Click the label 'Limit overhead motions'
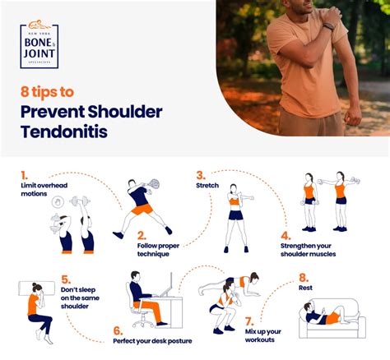45,191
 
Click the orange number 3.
200,174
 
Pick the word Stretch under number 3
207,186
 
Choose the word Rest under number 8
304,288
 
